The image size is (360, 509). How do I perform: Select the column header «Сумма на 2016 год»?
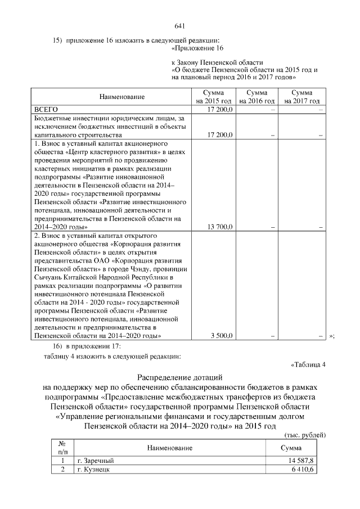256,96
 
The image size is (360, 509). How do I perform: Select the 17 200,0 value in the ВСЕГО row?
220,109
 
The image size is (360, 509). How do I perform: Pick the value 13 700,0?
220,227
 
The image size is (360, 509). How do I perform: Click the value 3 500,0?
222,336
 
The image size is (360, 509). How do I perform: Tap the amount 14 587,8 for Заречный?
301,461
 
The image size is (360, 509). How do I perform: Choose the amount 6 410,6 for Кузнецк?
303,470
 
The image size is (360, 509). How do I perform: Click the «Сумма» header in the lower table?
290,448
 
